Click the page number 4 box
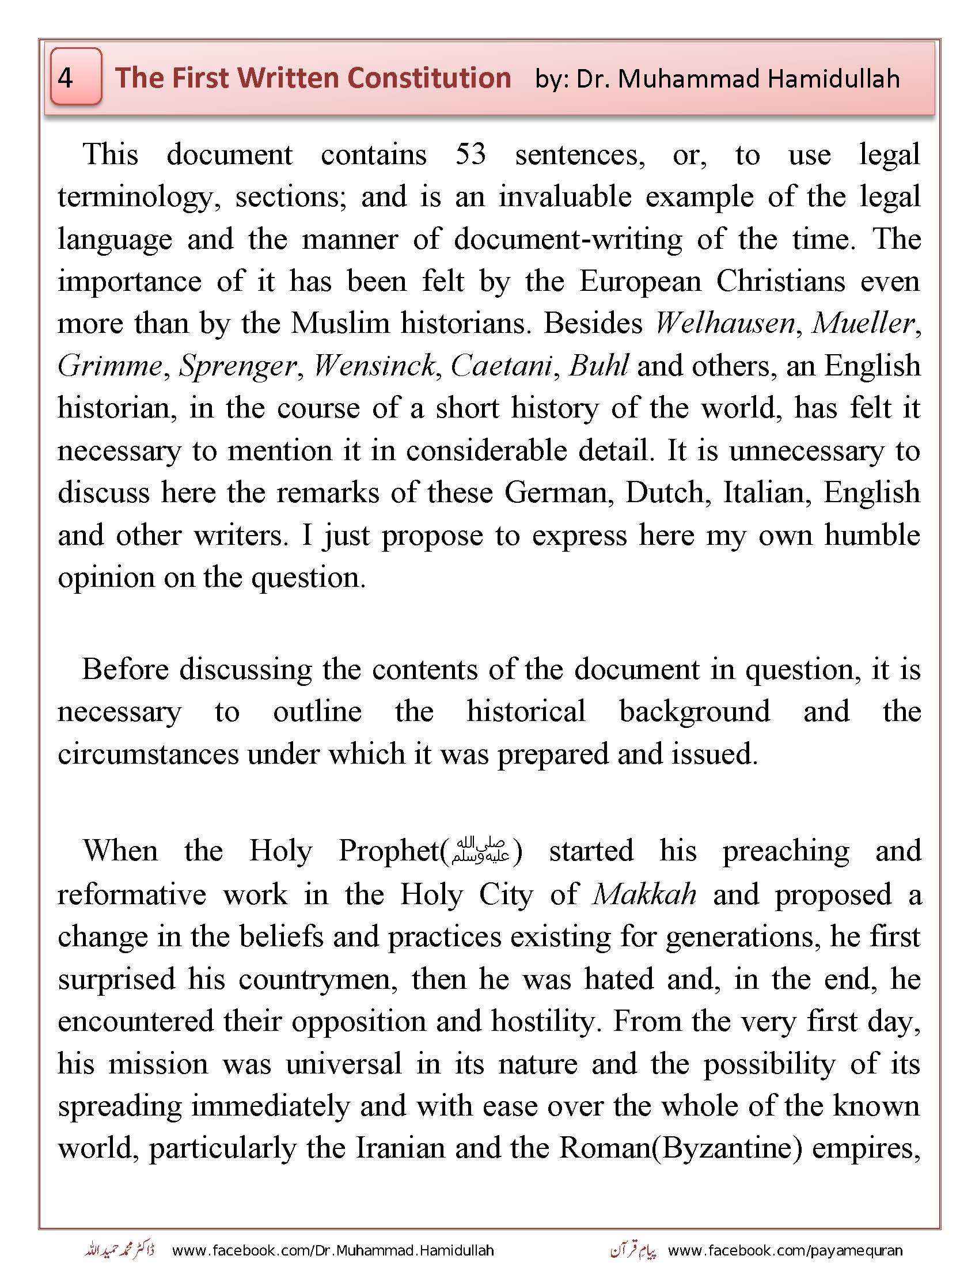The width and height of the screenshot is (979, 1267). click(76, 77)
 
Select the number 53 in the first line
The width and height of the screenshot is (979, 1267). click(470, 154)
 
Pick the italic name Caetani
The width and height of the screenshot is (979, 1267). click(500, 366)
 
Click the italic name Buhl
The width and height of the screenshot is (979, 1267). click(598, 366)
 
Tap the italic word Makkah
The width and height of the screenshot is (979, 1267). click(644, 894)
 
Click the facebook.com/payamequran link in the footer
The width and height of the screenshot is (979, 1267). click(785, 1250)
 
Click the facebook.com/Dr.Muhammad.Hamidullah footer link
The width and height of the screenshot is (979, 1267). click(333, 1250)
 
